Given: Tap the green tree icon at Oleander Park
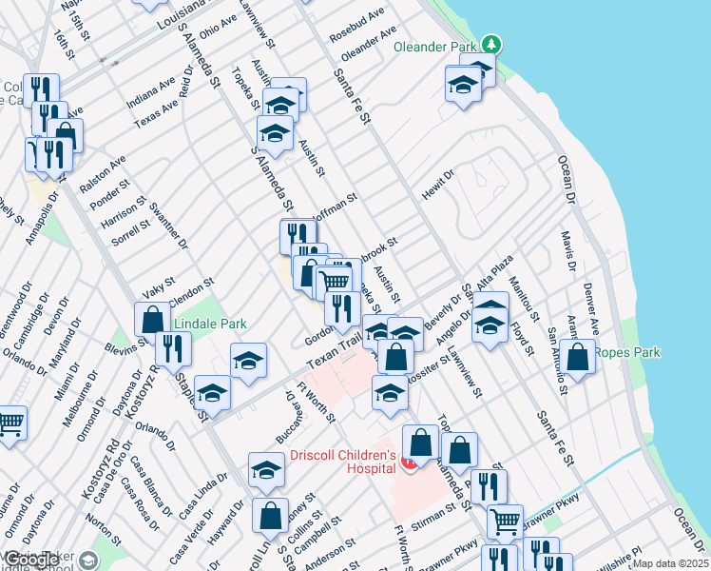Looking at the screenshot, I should (x=490, y=44).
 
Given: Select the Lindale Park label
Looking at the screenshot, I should (x=211, y=325).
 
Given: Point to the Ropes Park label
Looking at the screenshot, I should (x=626, y=352).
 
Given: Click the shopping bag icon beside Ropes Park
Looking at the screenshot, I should (x=577, y=357).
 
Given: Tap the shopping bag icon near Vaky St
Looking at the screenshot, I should (x=152, y=321).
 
